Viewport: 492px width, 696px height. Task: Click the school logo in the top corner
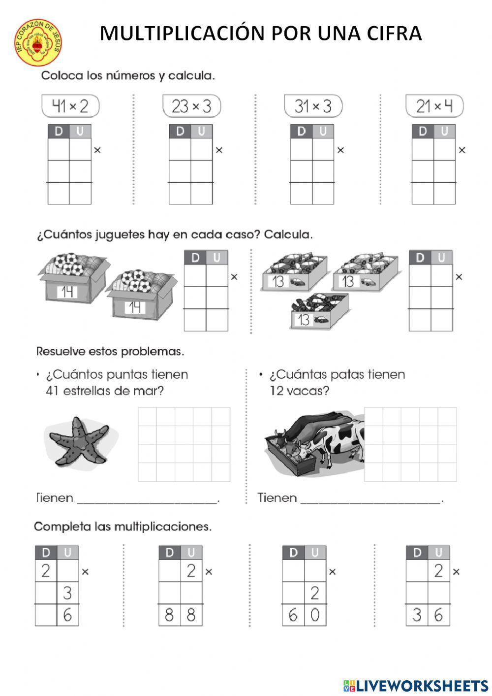click(38, 43)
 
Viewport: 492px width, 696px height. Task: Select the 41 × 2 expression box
click(70, 106)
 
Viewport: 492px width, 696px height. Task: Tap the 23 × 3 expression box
click(191, 106)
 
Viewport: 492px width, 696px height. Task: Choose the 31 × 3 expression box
click(313, 106)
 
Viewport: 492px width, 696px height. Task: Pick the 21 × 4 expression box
click(434, 106)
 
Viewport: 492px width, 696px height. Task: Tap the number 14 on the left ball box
click(66, 292)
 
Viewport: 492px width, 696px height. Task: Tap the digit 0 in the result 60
click(315, 615)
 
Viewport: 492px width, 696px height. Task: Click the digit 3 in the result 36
click(417, 615)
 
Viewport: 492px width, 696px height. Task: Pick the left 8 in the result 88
click(169, 615)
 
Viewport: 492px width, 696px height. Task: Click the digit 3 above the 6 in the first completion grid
click(67, 594)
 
